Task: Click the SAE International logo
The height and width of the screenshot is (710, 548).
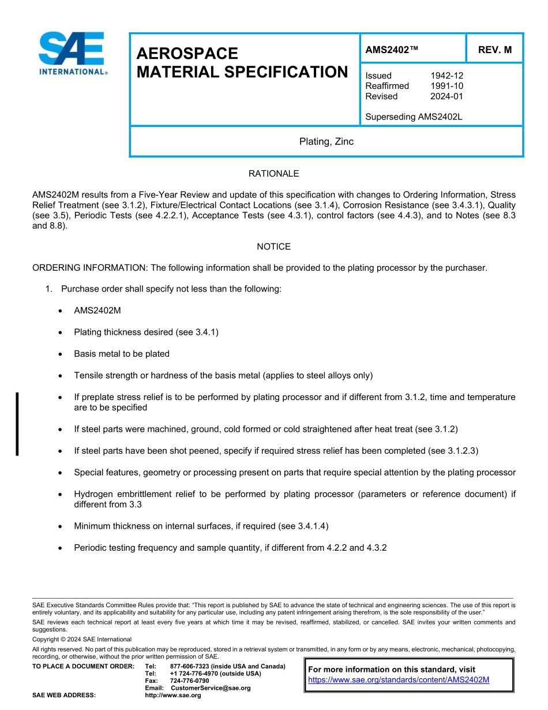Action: [72, 53]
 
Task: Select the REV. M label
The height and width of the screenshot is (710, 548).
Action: [494, 50]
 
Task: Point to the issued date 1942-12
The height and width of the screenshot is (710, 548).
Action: [446, 76]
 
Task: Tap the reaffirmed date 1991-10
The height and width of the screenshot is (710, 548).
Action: [446, 86]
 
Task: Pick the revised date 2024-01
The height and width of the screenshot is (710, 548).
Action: [446, 96]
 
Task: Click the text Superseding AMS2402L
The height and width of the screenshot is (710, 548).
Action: [414, 117]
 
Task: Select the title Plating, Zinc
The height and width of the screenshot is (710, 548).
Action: [326, 141]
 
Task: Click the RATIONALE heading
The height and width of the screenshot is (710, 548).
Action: [273, 174]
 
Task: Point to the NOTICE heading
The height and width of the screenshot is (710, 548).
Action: [273, 246]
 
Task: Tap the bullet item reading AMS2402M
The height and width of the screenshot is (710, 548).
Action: [97, 311]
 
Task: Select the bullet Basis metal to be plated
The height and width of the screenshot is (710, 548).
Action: [122, 354]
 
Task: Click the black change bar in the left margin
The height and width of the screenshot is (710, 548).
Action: [17, 424]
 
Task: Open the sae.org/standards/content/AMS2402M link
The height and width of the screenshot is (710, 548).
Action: [399, 680]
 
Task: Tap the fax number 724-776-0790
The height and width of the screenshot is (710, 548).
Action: [189, 681]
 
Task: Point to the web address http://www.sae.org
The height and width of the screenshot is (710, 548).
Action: [172, 696]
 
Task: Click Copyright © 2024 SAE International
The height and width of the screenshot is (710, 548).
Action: [82, 640]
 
